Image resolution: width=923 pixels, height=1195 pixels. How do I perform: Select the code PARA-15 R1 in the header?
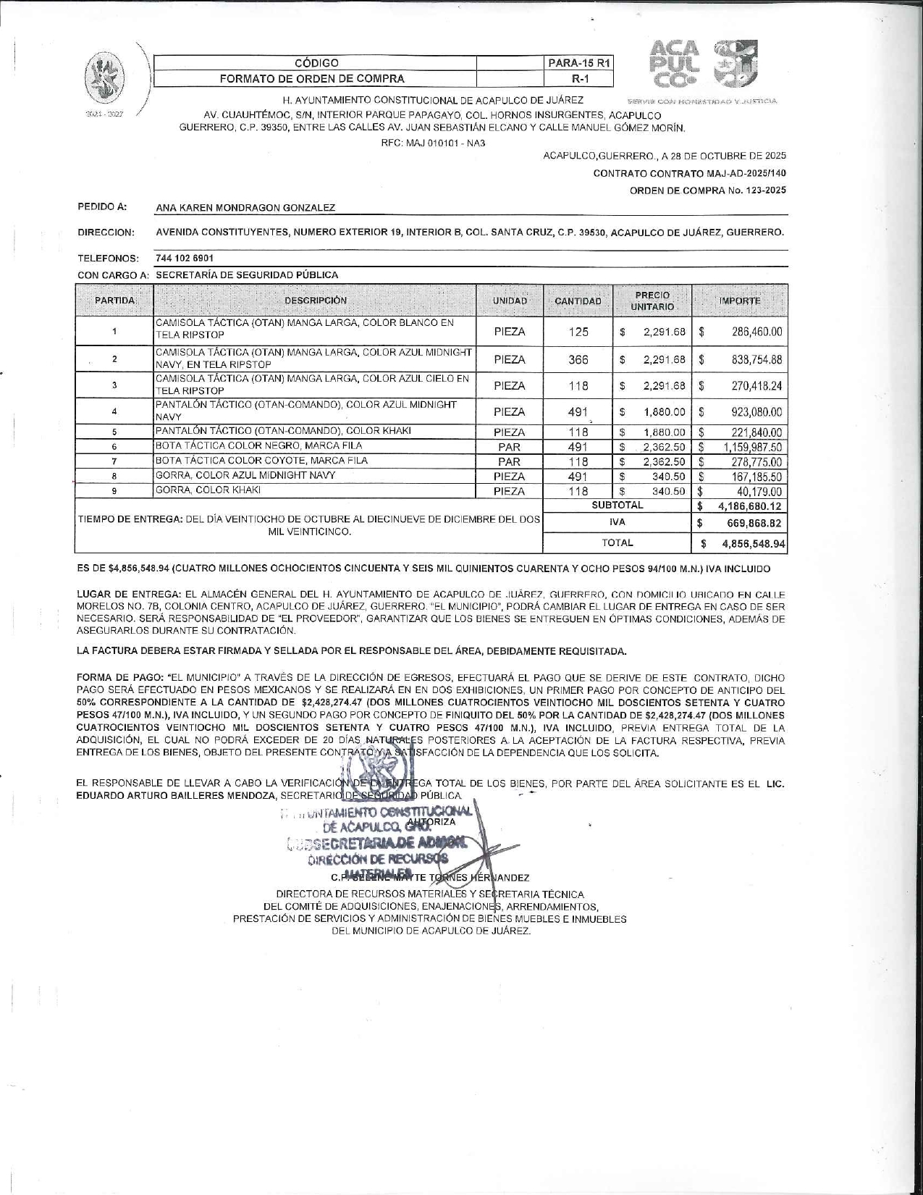580,63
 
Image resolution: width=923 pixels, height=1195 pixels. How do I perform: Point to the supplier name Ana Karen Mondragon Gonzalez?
245,208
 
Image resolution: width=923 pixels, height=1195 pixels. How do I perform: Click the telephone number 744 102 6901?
185,258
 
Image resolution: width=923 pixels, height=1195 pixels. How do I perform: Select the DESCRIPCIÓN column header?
315,301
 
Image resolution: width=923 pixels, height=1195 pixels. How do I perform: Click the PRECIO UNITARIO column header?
652,301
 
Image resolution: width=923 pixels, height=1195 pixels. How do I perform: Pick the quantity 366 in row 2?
578,359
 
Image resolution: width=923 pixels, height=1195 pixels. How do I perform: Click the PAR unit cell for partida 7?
509,461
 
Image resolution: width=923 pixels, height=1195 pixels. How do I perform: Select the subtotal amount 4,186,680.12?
750,506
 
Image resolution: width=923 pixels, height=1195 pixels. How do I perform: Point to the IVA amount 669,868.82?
754,523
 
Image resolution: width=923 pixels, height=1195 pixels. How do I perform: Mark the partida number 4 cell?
114,411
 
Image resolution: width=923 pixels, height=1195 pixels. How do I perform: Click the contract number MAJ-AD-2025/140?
745,173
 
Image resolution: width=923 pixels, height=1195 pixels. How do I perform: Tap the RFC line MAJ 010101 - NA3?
433,143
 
